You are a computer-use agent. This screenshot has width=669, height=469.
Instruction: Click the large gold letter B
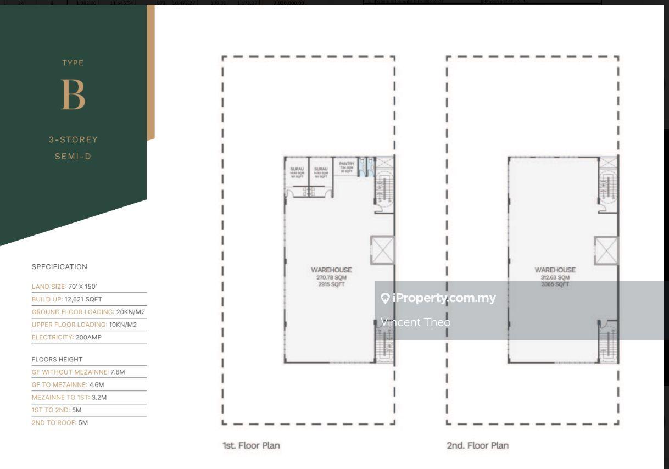[x=73, y=94]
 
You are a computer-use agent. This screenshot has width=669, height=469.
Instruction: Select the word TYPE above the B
[x=73, y=63]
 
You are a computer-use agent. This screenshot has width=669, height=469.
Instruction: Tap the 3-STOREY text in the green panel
[x=73, y=139]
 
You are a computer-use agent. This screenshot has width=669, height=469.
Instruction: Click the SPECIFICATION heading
[x=59, y=267]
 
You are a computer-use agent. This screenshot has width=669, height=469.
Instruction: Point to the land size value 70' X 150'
[x=82, y=287]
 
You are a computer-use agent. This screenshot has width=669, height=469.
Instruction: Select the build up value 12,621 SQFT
[x=83, y=299]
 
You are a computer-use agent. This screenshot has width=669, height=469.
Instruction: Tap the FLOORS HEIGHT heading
[x=57, y=359]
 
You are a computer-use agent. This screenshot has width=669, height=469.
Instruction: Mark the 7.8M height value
[x=118, y=372]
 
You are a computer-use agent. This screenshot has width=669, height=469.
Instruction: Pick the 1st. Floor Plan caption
[x=251, y=445]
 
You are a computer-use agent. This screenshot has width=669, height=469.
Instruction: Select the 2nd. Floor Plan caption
[x=477, y=445]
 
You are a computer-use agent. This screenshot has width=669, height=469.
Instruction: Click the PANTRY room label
[x=347, y=164]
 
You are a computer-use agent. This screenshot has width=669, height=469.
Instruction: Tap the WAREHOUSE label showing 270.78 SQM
[x=331, y=270]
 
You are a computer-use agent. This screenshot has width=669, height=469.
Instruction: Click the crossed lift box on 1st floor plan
[x=382, y=250]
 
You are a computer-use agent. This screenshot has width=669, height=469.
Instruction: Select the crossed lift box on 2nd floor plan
[x=606, y=250]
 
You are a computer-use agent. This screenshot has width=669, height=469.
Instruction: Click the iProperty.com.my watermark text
[x=444, y=298]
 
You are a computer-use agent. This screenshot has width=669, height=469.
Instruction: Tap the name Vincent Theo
[x=415, y=322]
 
